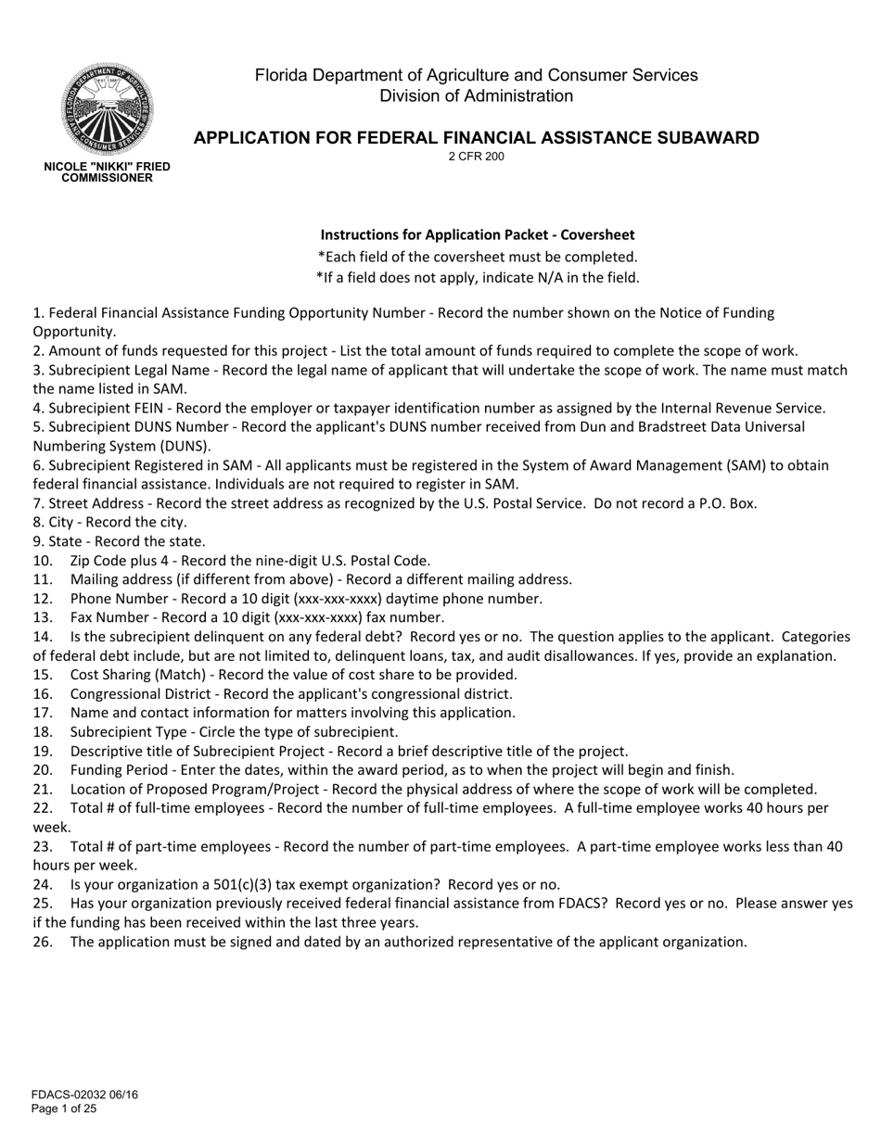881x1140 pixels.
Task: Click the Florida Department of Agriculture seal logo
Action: click(x=108, y=108)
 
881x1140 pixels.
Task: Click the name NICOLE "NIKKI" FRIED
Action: click(x=108, y=167)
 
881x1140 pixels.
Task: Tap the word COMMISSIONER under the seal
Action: click(x=108, y=178)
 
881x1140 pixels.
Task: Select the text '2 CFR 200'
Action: click(x=477, y=157)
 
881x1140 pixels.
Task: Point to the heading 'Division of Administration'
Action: click(x=477, y=95)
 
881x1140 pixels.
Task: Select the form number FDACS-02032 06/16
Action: click(x=84, y=1095)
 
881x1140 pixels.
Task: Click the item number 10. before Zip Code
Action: click(x=43, y=561)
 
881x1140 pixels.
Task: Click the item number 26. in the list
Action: click(x=43, y=942)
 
